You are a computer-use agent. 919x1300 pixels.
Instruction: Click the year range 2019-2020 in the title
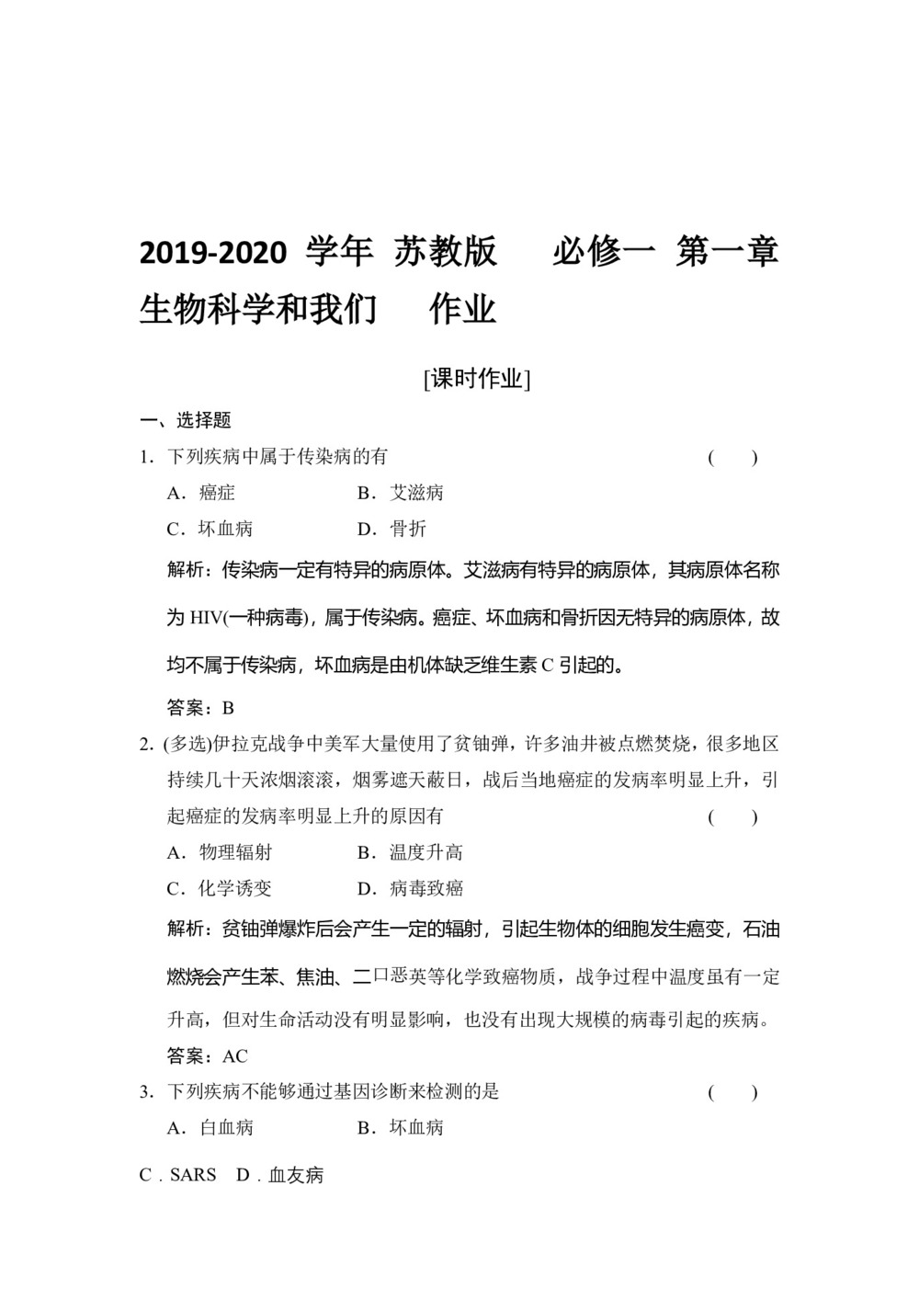tap(213, 253)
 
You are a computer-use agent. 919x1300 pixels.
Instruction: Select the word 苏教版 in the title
tap(446, 252)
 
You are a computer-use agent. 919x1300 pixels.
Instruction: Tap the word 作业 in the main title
tap(463, 310)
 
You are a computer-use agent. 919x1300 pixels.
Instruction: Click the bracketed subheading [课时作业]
tap(477, 379)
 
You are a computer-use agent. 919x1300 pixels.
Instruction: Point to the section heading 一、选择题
tap(186, 421)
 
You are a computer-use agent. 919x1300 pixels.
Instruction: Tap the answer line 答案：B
tap(201, 708)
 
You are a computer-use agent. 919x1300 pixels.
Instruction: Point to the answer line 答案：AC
tap(208, 1055)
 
